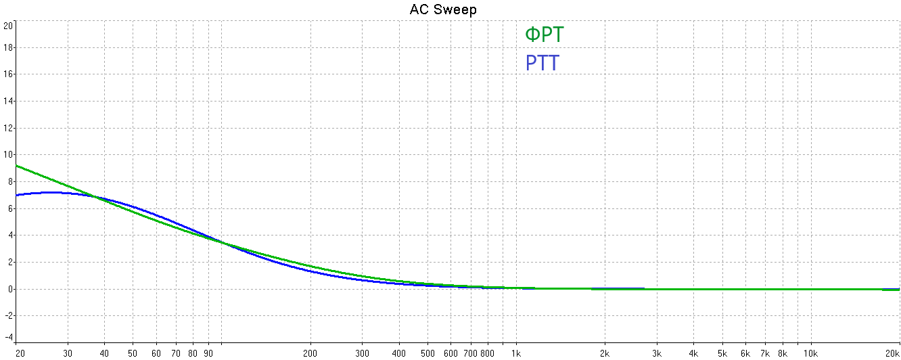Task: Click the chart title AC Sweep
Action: pyautogui.click(x=443, y=9)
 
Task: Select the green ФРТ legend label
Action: pyautogui.click(x=544, y=35)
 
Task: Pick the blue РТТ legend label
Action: pyautogui.click(x=542, y=64)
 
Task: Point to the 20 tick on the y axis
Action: pyautogui.click(x=8, y=26)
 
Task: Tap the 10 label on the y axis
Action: pyautogui.click(x=8, y=154)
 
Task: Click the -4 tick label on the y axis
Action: pyautogui.click(x=8, y=337)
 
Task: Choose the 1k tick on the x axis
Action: pyautogui.click(x=516, y=353)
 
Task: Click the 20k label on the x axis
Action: pyautogui.click(x=892, y=353)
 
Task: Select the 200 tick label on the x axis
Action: pyautogui.click(x=310, y=353)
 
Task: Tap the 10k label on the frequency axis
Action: pyautogui.click(x=810, y=353)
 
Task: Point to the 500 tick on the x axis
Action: pyautogui.click(x=428, y=353)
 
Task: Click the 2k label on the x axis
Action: pyautogui.click(x=605, y=353)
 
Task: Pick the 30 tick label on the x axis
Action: pyautogui.click(x=68, y=353)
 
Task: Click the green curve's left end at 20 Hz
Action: pyautogui.click(x=16, y=165)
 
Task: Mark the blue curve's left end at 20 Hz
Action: pyautogui.click(x=16, y=195)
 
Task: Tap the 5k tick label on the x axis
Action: pyautogui.click(x=722, y=353)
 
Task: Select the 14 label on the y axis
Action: pyautogui.click(x=8, y=101)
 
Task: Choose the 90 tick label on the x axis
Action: pyautogui.click(x=208, y=353)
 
